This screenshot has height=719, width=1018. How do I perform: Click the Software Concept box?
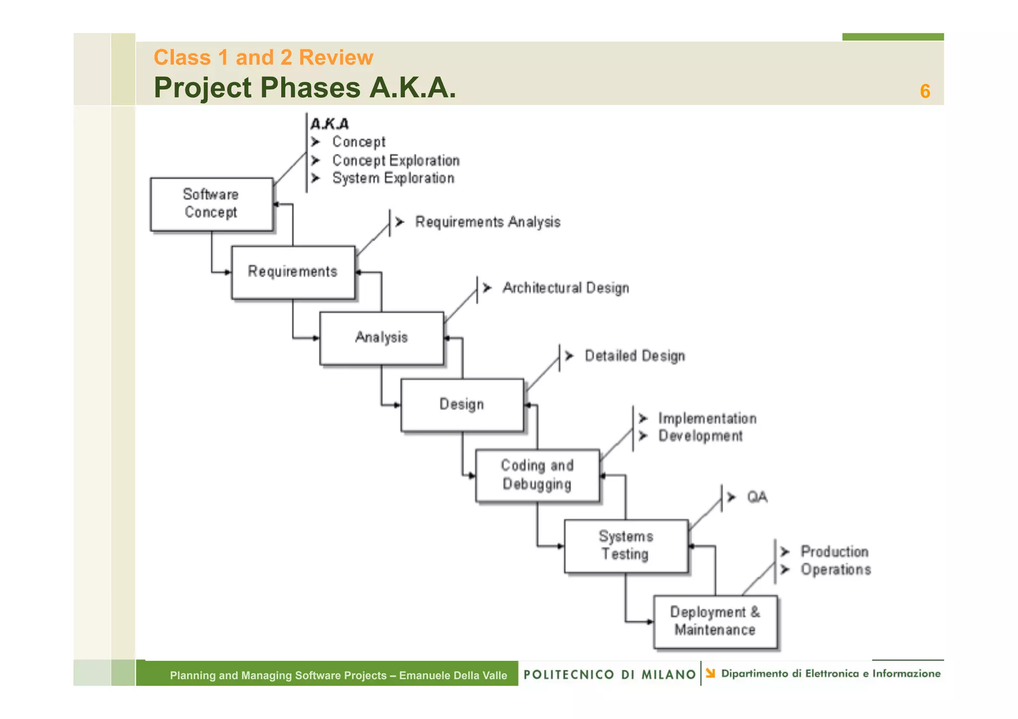point(211,204)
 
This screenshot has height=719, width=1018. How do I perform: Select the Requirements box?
point(293,272)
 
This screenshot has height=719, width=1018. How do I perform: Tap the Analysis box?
point(381,338)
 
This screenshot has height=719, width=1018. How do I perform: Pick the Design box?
point(462,404)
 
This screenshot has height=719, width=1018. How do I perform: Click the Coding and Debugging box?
point(537,476)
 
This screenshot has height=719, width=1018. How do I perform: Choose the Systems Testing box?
point(626,546)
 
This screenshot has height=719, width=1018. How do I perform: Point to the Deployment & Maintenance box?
point(715,622)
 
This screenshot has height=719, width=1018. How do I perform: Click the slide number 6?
point(925,91)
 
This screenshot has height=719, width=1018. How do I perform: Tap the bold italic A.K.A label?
point(330,124)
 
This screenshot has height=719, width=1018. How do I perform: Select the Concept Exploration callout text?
point(396,160)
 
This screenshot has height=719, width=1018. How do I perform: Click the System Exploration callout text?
point(393,178)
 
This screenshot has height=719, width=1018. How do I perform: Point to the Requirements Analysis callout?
point(488,222)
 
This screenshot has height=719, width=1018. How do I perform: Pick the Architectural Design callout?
point(566,288)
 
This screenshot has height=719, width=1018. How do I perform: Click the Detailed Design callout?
point(635,356)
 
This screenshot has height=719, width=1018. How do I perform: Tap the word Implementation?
point(707,418)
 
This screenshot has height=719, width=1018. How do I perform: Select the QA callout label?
point(757,497)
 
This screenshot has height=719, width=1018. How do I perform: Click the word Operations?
point(836,569)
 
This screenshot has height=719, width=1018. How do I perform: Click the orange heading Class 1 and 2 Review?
point(263,58)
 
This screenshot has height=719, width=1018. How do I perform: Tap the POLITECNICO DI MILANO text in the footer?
point(609,674)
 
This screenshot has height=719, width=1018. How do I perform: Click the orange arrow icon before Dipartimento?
point(710,673)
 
